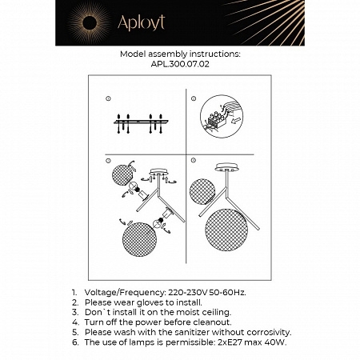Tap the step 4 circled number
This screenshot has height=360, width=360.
[194, 161]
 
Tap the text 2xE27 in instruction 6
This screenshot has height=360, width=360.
[226, 341]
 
